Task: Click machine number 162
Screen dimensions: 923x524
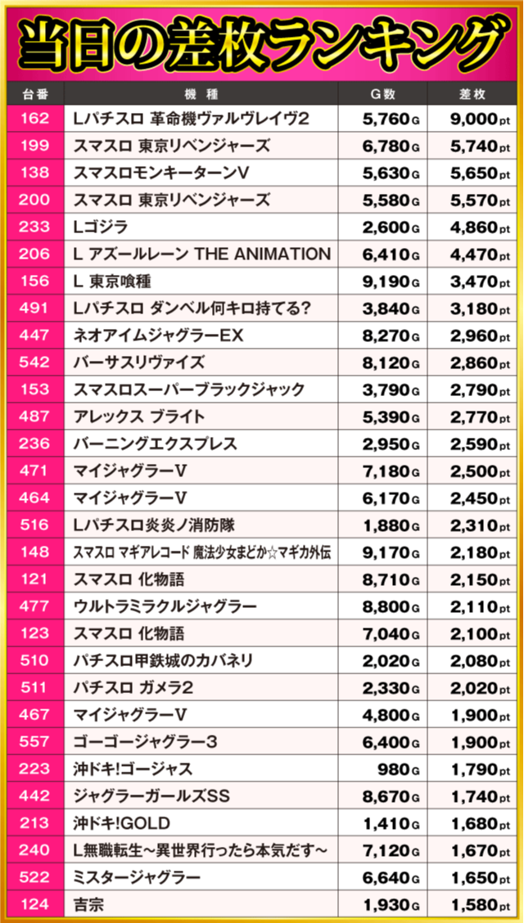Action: click(x=34, y=119)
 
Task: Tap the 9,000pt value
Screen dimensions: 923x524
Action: click(x=479, y=119)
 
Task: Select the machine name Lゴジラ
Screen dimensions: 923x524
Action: click(x=101, y=227)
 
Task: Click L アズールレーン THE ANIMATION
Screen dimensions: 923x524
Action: click(x=201, y=254)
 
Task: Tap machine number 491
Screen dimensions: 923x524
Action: click(x=34, y=308)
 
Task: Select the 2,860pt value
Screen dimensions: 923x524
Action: click(x=479, y=362)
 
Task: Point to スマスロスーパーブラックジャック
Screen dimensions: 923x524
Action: click(x=188, y=389)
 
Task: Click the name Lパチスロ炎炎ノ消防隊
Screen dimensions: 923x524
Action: click(x=154, y=525)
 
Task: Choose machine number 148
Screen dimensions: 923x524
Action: click(x=34, y=552)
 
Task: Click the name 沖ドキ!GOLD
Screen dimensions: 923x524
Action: click(x=122, y=823)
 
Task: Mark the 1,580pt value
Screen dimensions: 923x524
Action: click(x=479, y=904)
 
